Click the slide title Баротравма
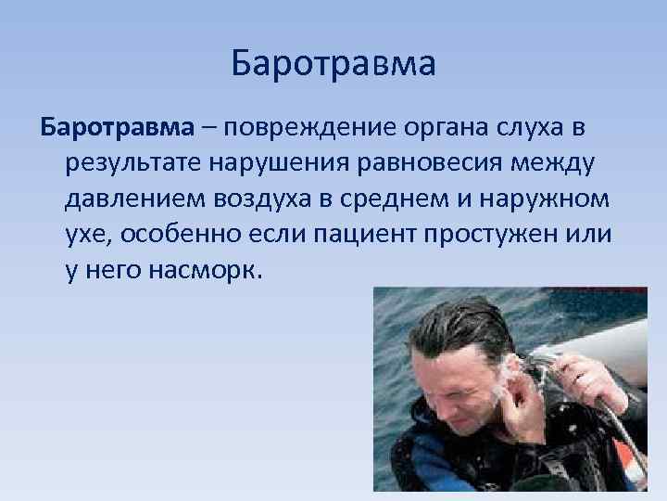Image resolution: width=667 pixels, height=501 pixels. click(333, 64)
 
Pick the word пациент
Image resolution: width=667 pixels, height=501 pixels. click(361, 234)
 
